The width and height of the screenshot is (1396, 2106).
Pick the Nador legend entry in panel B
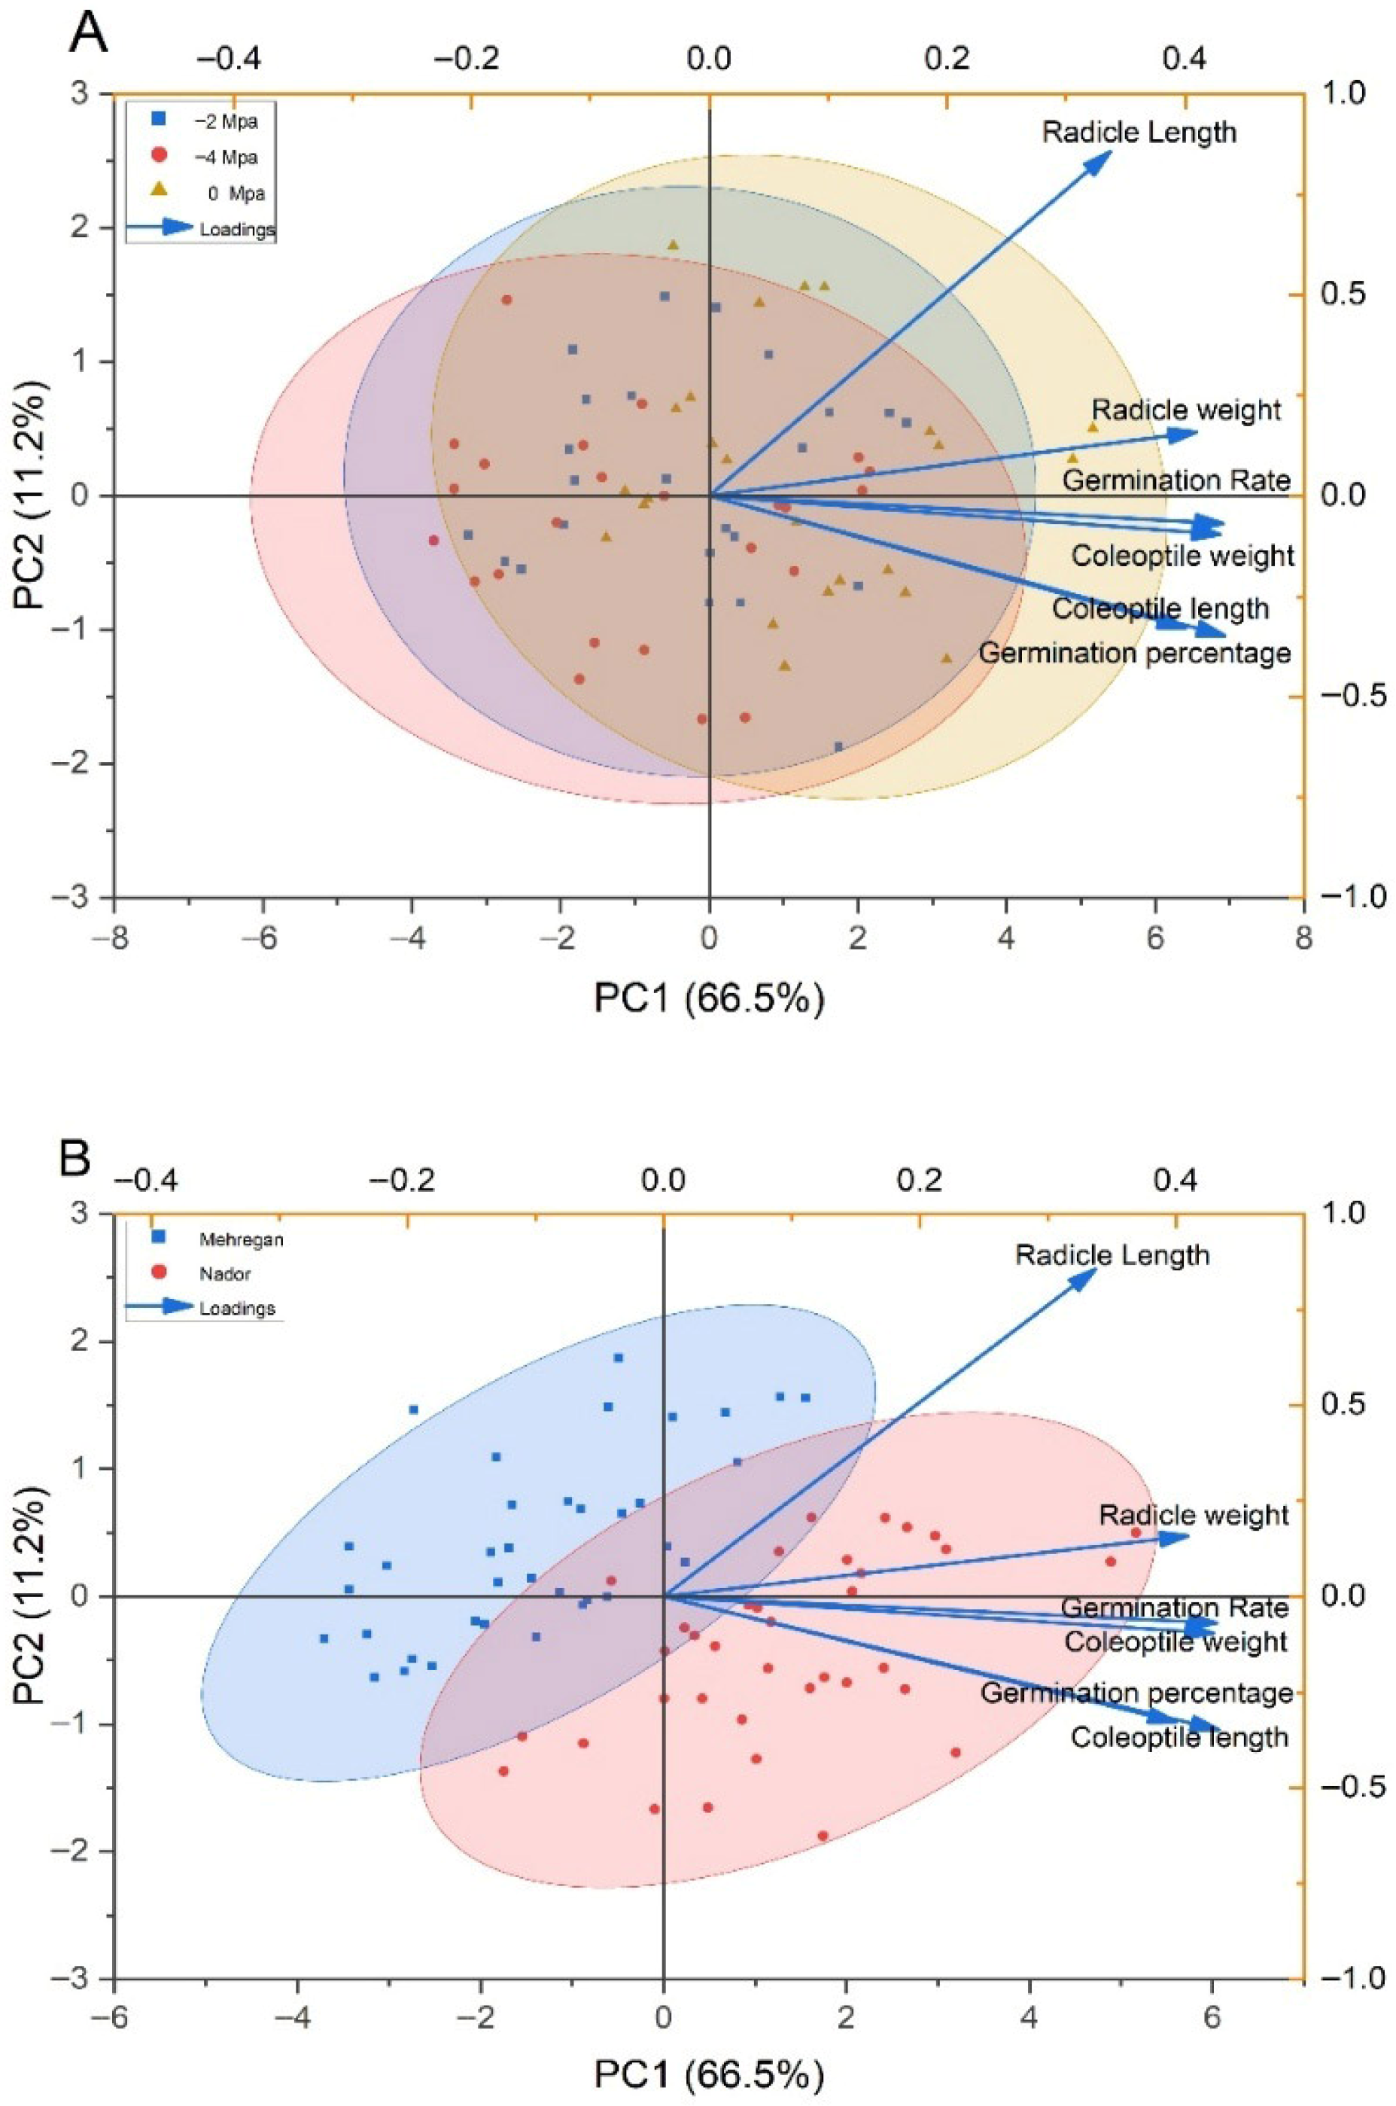[224, 1273]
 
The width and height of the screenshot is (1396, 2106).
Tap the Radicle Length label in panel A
[1139, 133]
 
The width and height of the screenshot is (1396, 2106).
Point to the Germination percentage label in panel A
[1134, 653]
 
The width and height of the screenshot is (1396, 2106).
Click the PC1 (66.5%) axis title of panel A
[709, 998]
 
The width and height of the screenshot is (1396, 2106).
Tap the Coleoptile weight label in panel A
[1182, 556]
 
